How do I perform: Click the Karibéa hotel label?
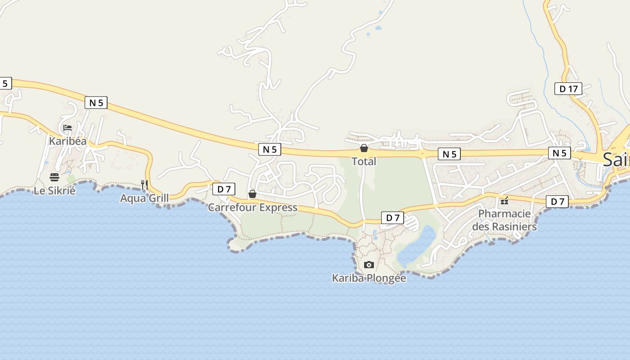[67, 141]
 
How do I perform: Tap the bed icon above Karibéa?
[67, 128]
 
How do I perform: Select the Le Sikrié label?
[54, 190]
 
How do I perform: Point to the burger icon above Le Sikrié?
[54, 177]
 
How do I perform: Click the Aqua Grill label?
[144, 198]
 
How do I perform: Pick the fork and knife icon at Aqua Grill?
[144, 184]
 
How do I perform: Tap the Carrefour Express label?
[252, 207]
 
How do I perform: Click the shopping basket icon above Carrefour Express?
[252, 194]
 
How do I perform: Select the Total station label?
[364, 161]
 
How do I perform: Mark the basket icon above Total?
[364, 148]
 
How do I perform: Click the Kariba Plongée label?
[369, 278]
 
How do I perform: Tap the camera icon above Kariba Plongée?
[369, 265]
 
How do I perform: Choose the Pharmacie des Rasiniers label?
[504, 220]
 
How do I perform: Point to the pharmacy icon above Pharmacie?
[504, 200]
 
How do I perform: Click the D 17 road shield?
[568, 89]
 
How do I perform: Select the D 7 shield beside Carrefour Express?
[224, 189]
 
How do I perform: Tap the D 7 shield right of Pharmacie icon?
[558, 202]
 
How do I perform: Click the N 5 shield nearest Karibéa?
[96, 103]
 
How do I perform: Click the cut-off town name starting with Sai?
[616, 159]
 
